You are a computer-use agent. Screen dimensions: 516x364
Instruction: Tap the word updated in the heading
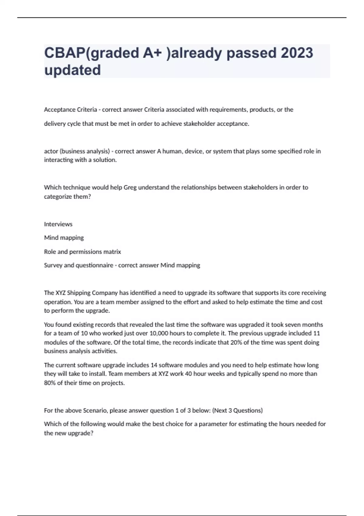coord(72,70)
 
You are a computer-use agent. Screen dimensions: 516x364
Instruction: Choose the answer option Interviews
coord(58,224)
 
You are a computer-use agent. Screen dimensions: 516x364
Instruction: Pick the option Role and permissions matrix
coord(83,252)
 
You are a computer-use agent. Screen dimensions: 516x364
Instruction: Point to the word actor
coord(51,151)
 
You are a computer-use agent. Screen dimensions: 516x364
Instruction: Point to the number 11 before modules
coord(316,333)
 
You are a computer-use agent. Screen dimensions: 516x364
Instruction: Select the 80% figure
coord(50,383)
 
